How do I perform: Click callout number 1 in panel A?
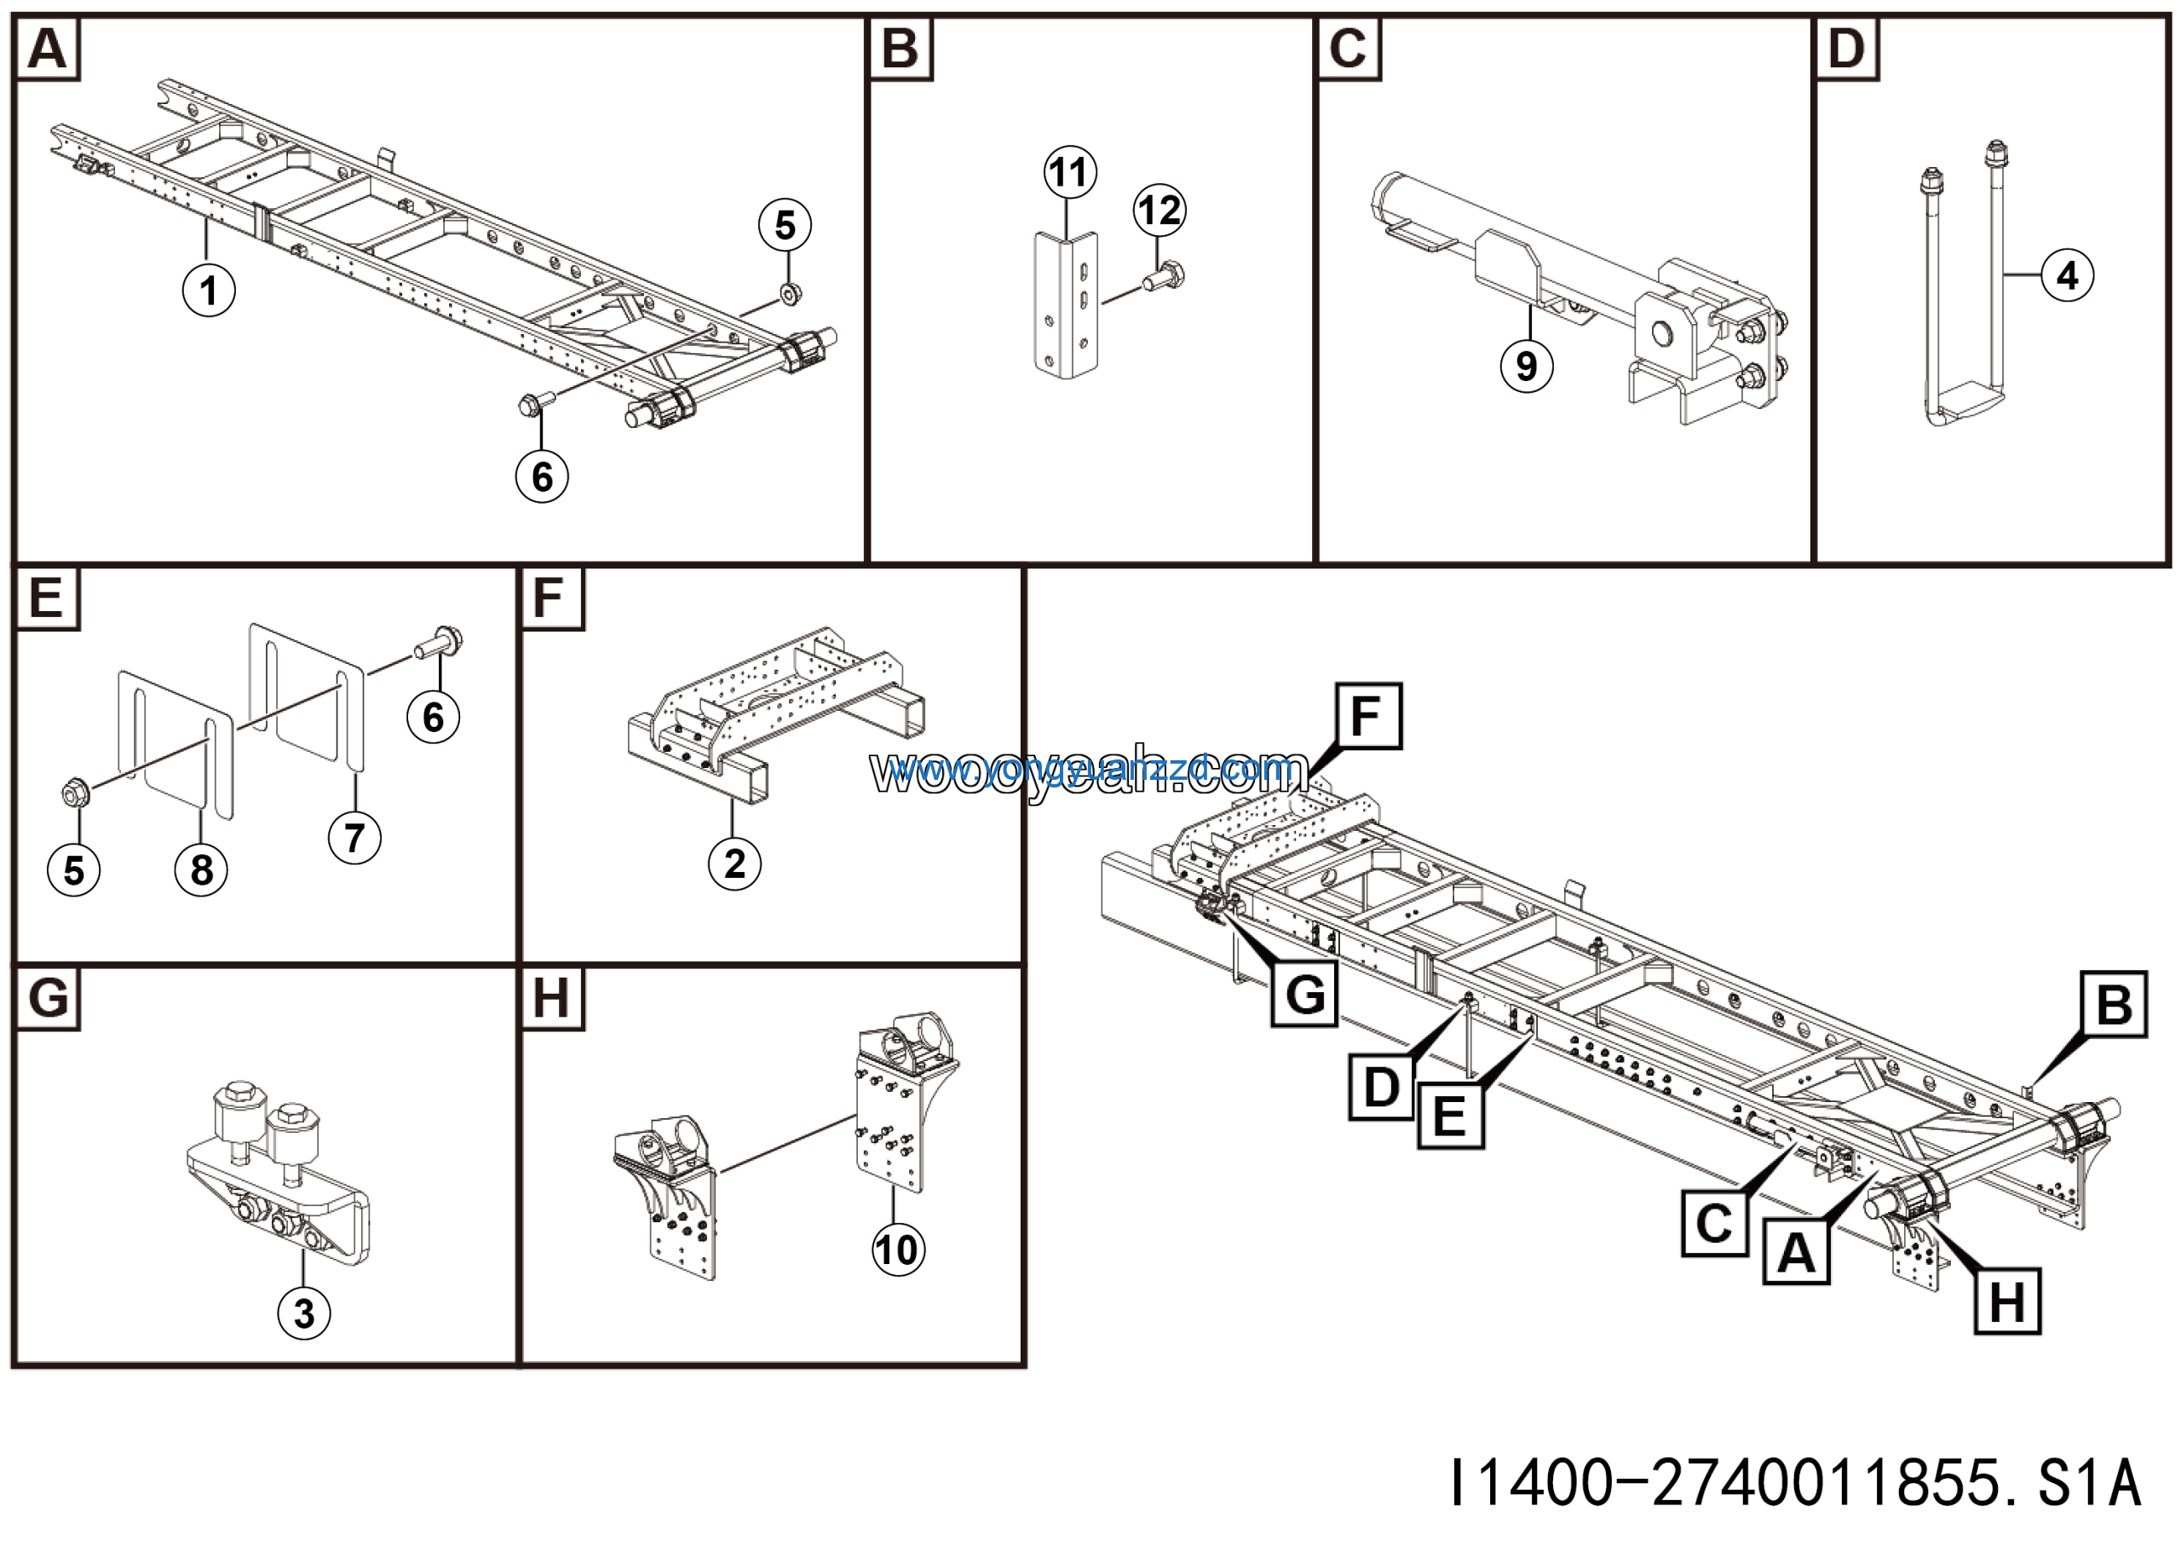pyautogui.click(x=208, y=290)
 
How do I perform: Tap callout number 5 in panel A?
pyautogui.click(x=785, y=225)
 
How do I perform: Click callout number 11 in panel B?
pyautogui.click(x=1069, y=172)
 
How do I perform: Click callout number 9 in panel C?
pyautogui.click(x=1526, y=366)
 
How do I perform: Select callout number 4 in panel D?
pyautogui.click(x=2067, y=275)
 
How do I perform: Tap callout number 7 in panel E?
pyautogui.click(x=354, y=837)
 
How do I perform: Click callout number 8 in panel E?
pyautogui.click(x=201, y=869)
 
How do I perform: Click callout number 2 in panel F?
pyautogui.click(x=734, y=863)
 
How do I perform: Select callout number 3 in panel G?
pyautogui.click(x=303, y=1313)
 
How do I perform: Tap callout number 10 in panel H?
pyautogui.click(x=897, y=1250)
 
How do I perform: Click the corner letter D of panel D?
pyautogui.click(x=1845, y=49)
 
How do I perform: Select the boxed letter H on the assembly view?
pyautogui.click(x=2006, y=1301)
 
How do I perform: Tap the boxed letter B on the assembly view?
pyautogui.click(x=2113, y=1004)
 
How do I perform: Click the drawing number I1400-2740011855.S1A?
pyautogui.click(x=1795, y=1482)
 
